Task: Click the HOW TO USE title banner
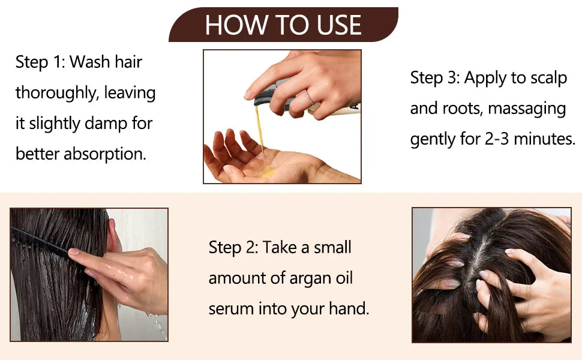click(x=283, y=25)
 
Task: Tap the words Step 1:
click(x=40, y=62)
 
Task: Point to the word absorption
click(x=105, y=154)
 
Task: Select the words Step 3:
click(x=435, y=77)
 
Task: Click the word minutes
click(x=547, y=139)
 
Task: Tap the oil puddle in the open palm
click(x=265, y=173)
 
